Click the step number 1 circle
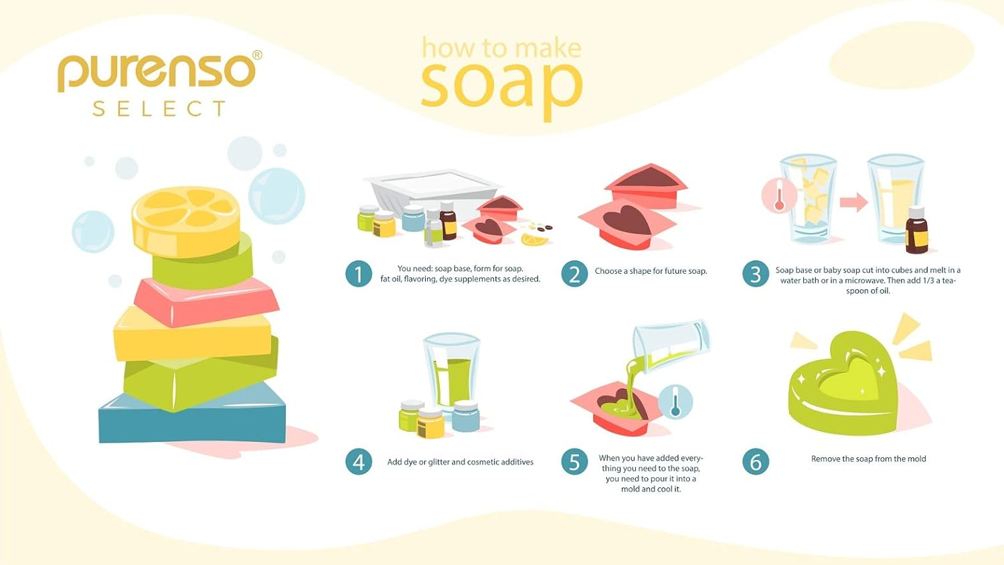point(359,274)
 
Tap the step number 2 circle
point(574,274)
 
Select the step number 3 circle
point(756,274)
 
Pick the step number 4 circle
point(359,461)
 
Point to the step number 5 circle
point(574,461)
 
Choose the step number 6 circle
point(756,461)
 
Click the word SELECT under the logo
point(159,109)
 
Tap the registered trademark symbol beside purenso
point(257,55)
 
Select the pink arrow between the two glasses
point(853,201)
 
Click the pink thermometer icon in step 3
point(779,196)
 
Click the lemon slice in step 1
point(535,239)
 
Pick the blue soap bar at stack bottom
point(192,419)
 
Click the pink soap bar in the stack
point(206,301)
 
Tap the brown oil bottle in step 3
point(916,230)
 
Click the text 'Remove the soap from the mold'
point(869,459)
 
